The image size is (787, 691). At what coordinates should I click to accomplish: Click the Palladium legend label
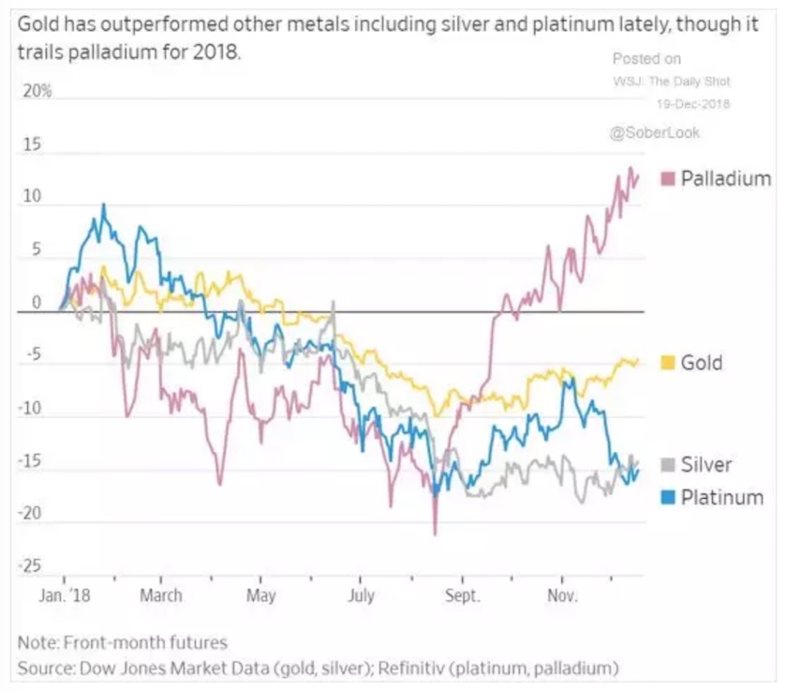pyautogui.click(x=726, y=178)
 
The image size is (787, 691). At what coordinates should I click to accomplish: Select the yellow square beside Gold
pyautogui.click(x=669, y=362)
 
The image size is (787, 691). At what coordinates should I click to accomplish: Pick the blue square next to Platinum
pyautogui.click(x=669, y=497)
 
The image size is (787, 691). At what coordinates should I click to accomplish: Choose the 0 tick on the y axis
pyautogui.click(x=37, y=303)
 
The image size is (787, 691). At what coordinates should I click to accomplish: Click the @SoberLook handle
pyautogui.click(x=655, y=132)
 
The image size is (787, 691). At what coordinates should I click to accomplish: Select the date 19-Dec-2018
pyautogui.click(x=693, y=103)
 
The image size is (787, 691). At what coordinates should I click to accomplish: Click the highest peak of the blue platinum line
pyautogui.click(x=103, y=203)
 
